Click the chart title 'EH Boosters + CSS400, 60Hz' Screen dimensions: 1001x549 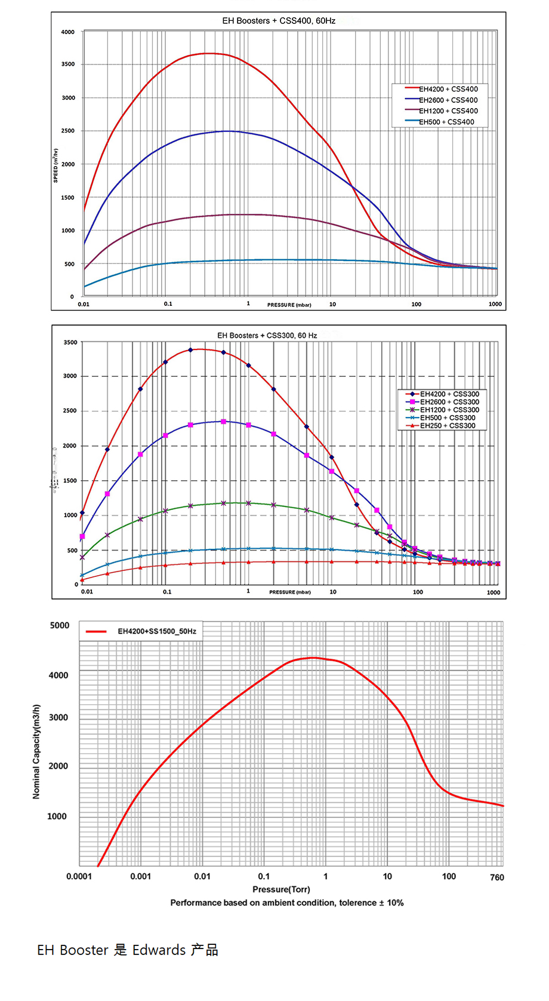coord(279,21)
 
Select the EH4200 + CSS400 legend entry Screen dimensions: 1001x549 coord(448,90)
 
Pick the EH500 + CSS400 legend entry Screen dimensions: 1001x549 coord(446,122)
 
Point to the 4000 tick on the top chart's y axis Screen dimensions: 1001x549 coord(68,32)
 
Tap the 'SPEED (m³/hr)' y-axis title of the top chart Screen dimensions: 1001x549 coord(56,165)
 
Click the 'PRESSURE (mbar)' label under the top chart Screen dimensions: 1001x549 coord(289,305)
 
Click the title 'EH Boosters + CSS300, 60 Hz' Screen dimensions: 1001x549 coord(267,336)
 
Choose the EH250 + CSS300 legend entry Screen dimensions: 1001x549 coord(447,426)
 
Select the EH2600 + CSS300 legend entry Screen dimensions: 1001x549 coord(449,402)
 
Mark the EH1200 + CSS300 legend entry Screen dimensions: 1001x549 coord(449,410)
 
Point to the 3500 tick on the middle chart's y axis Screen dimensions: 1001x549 coord(70,343)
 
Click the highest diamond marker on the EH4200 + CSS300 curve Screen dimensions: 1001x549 coord(190,350)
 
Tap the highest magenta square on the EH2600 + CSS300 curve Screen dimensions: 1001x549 coord(224,422)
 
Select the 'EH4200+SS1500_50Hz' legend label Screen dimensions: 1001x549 coord(156,631)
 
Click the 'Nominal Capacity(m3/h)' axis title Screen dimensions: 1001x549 coord(36,751)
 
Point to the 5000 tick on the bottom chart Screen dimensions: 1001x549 coord(60,625)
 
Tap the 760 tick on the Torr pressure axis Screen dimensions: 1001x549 coord(497,877)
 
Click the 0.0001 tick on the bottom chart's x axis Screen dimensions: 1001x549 coord(79,877)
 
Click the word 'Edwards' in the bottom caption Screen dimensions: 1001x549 coord(159,950)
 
